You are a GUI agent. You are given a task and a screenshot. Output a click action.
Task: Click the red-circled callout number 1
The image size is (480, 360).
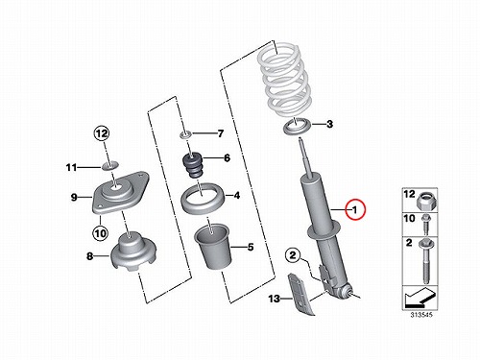click(x=354, y=209)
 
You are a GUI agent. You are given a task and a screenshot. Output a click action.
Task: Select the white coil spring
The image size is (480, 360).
click(x=284, y=81)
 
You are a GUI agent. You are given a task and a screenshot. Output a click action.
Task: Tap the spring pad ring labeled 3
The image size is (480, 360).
click(x=298, y=127)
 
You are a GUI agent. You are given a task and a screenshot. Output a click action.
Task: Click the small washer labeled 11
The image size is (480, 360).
click(x=110, y=166)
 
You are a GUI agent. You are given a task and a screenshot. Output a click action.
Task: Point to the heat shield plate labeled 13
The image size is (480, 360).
click(x=301, y=294)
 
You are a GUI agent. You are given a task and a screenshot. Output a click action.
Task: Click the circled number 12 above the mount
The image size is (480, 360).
click(x=102, y=133)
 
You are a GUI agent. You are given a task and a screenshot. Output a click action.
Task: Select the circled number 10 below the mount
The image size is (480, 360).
click(x=100, y=233)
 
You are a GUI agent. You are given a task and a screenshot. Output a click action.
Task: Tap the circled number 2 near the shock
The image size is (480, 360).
click(x=293, y=255)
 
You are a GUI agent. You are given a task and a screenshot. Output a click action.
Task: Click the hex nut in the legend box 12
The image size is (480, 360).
click(x=426, y=202)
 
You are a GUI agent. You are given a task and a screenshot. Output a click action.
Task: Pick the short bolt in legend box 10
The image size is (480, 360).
click(x=426, y=225)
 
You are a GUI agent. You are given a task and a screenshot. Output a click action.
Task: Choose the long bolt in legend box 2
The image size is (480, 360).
click(x=425, y=261)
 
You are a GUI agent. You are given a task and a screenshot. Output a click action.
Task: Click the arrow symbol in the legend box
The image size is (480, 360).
click(x=420, y=298)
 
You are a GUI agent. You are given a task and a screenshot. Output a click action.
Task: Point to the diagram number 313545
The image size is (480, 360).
click(x=421, y=315)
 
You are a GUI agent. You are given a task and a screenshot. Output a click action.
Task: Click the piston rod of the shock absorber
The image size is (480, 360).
click(x=305, y=156)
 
